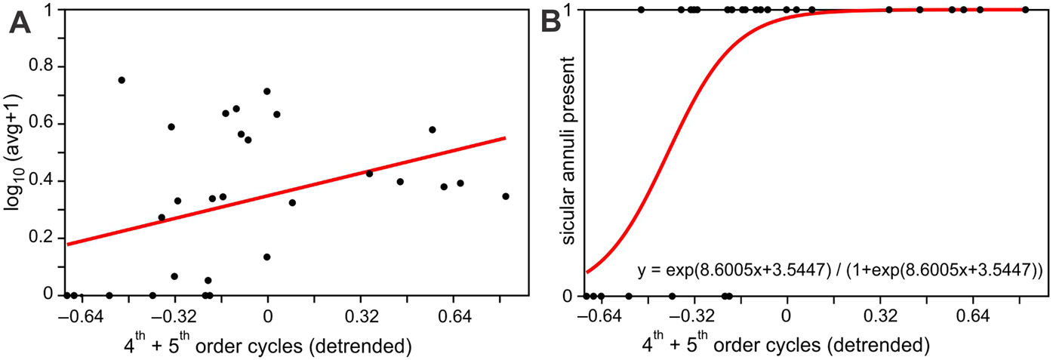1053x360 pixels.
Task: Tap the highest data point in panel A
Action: pos(122,80)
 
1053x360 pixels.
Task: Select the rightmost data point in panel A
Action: pos(506,196)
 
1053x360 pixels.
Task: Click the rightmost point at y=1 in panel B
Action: pos(1025,10)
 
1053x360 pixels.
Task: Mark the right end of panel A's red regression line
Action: pos(505,138)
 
